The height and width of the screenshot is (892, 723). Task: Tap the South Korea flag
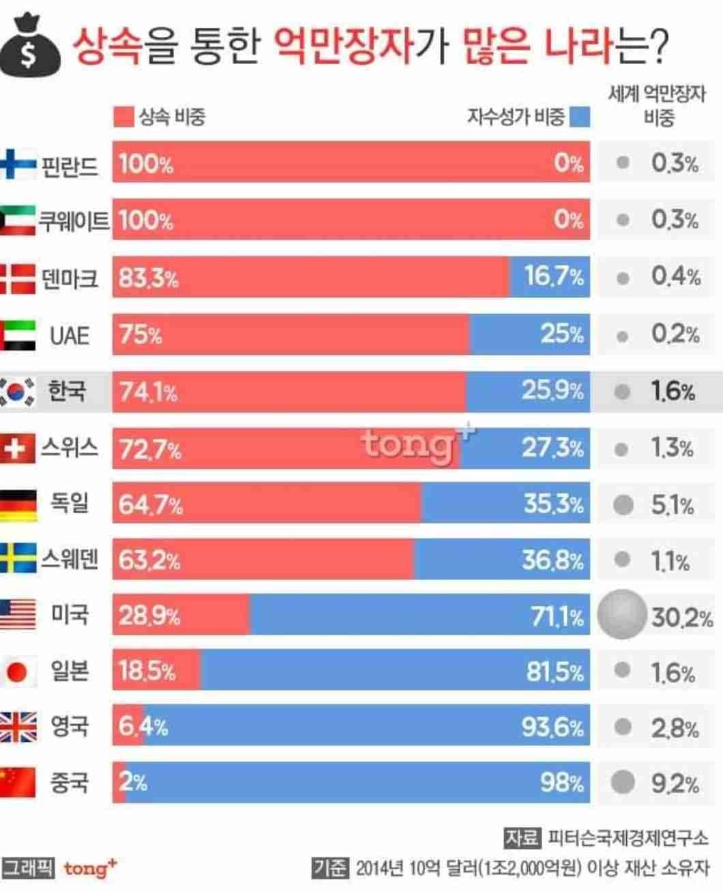(x=18, y=391)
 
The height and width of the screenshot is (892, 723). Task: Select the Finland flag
(x=18, y=164)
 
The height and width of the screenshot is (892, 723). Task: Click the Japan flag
(x=18, y=672)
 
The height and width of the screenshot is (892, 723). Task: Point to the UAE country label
(x=70, y=335)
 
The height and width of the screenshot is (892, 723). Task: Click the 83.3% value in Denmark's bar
(x=148, y=278)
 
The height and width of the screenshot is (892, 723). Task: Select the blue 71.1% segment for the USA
(x=419, y=615)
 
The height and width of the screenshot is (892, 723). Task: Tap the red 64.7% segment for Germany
(x=266, y=504)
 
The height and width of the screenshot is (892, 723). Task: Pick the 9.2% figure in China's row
(x=674, y=783)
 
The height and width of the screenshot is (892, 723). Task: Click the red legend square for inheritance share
(x=123, y=117)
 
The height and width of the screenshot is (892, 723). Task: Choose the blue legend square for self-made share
(x=580, y=117)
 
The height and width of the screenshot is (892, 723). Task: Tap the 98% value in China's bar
(x=562, y=782)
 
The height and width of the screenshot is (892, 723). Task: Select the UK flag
(x=18, y=727)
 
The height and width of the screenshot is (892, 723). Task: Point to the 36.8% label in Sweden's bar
(x=552, y=560)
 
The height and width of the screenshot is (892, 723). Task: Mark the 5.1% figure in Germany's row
(x=672, y=505)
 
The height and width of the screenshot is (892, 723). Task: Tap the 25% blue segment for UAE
(x=529, y=334)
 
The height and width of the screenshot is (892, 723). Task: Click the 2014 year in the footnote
(x=371, y=869)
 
